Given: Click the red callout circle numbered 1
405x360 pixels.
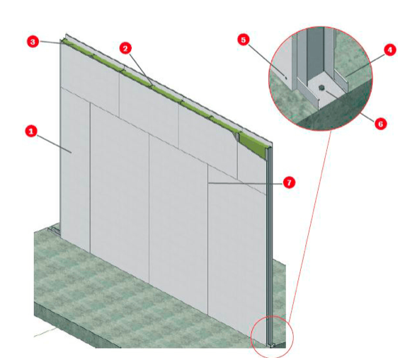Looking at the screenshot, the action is [31, 132].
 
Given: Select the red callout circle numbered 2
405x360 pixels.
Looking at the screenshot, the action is [125, 48].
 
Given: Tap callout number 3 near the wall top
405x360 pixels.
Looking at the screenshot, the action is [33, 42].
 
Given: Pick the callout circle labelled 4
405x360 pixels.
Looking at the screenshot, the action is [390, 50].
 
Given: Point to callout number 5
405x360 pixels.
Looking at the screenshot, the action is [244, 40].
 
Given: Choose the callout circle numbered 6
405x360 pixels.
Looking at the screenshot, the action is [381, 124].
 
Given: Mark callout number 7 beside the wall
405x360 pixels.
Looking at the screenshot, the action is [290, 182].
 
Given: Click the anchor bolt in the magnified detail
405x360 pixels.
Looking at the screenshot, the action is [321, 88].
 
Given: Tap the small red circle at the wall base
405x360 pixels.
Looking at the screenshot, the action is [272, 336].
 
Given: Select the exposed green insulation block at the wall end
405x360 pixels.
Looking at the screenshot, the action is [252, 144].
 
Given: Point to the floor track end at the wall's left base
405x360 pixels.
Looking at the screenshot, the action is [54, 231].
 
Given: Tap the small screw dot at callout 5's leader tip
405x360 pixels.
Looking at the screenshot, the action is [285, 76].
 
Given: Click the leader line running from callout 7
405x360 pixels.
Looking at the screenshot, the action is [246, 183].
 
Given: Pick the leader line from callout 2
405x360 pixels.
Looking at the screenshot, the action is [140, 69].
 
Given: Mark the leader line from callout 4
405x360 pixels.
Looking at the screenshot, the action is [365, 65].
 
